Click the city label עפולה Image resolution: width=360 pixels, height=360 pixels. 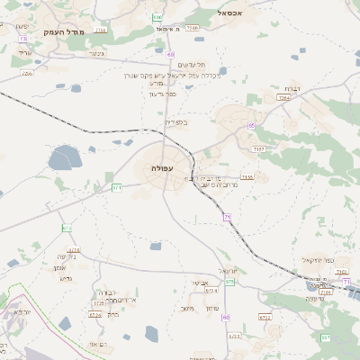[163, 169]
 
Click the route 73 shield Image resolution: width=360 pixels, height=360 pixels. [22, 39]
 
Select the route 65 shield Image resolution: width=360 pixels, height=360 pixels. [252, 125]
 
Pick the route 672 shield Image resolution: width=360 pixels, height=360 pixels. [67, 228]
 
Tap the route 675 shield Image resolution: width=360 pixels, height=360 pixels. [229, 282]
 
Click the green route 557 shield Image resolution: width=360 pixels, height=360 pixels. [325, 337]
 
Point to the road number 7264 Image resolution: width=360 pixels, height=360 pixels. [283, 122]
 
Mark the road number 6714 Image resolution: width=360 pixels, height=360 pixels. [74, 250]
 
